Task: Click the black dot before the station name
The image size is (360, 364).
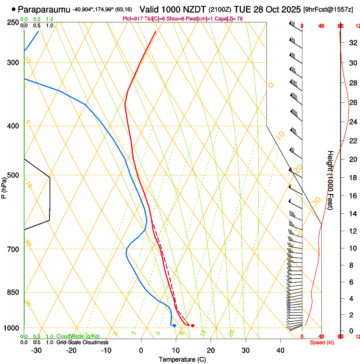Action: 14,9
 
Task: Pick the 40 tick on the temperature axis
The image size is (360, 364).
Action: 280,350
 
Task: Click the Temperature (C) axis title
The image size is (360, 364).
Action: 182,359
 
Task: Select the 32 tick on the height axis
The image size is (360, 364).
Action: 352,43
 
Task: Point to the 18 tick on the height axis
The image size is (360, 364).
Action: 352,178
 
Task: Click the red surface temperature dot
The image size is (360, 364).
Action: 193,325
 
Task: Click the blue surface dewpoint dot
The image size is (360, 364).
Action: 174,325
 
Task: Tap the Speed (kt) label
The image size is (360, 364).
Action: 322,342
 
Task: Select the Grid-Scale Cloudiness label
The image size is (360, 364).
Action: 82,342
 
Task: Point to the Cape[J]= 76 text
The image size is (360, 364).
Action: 227,19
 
